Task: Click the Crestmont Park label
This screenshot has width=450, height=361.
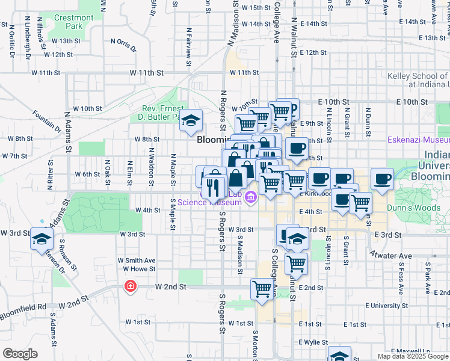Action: [74, 22]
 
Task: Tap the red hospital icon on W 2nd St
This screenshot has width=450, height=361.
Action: [129, 287]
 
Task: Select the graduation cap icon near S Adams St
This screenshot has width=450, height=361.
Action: [41, 239]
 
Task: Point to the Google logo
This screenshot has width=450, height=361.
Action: [20, 354]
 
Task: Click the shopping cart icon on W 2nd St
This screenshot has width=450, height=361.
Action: [262, 289]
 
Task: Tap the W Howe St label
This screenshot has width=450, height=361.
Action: [140, 269]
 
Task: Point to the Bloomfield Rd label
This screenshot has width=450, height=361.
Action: [23, 307]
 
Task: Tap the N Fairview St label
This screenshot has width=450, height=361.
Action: [189, 42]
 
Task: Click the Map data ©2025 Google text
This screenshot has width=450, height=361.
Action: [412, 356]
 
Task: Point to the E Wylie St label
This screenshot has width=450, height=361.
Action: [313, 341]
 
